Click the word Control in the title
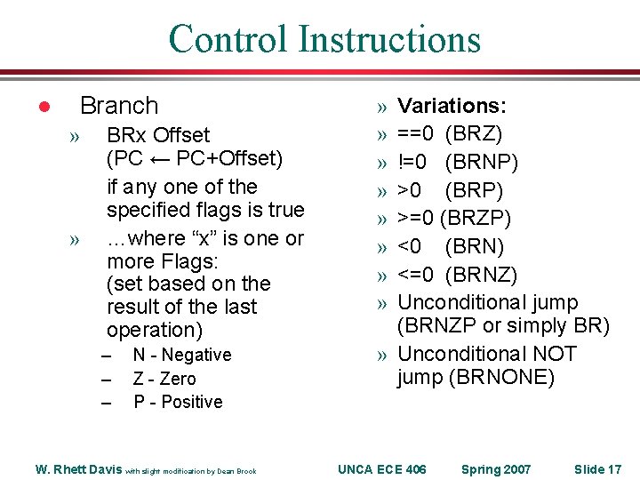pyautogui.click(x=228, y=39)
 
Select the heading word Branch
pyautogui.click(x=118, y=106)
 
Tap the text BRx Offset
pyautogui.click(x=158, y=135)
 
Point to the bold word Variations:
pyautogui.click(x=452, y=107)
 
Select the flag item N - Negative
pyautogui.click(x=181, y=355)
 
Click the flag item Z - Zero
pyautogui.click(x=164, y=379)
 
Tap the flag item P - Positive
pyautogui.click(x=178, y=402)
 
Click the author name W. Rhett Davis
pyautogui.click(x=78, y=469)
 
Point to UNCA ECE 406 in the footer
pyautogui.click(x=382, y=468)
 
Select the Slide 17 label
pyautogui.click(x=597, y=468)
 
